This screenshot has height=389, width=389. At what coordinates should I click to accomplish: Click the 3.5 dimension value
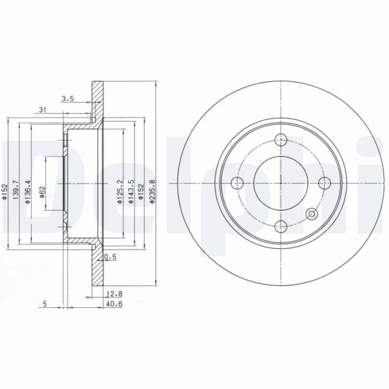tap(67, 99)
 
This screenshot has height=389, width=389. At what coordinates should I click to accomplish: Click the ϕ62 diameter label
tap(42, 192)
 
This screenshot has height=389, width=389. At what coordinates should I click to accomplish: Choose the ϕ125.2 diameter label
tap(119, 192)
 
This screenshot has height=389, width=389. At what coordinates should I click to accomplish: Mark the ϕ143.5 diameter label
tap(130, 192)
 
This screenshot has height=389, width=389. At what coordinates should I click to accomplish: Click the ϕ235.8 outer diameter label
tap(152, 192)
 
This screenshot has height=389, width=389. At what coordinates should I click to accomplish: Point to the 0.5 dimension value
tap(110, 257)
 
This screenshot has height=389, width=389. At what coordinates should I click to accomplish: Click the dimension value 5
tap(44, 303)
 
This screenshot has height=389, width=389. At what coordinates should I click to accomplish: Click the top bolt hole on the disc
tap(281, 139)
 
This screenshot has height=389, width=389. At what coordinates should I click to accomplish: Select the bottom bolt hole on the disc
tap(281, 225)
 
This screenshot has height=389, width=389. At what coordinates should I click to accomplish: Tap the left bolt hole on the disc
tap(238, 182)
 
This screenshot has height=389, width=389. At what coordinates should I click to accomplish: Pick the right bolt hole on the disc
tap(324, 182)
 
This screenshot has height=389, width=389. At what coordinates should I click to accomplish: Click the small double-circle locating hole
tap(311, 213)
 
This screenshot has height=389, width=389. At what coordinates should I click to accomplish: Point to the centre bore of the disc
tap(281, 182)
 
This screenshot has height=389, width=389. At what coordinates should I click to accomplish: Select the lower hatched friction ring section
tap(98, 267)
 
